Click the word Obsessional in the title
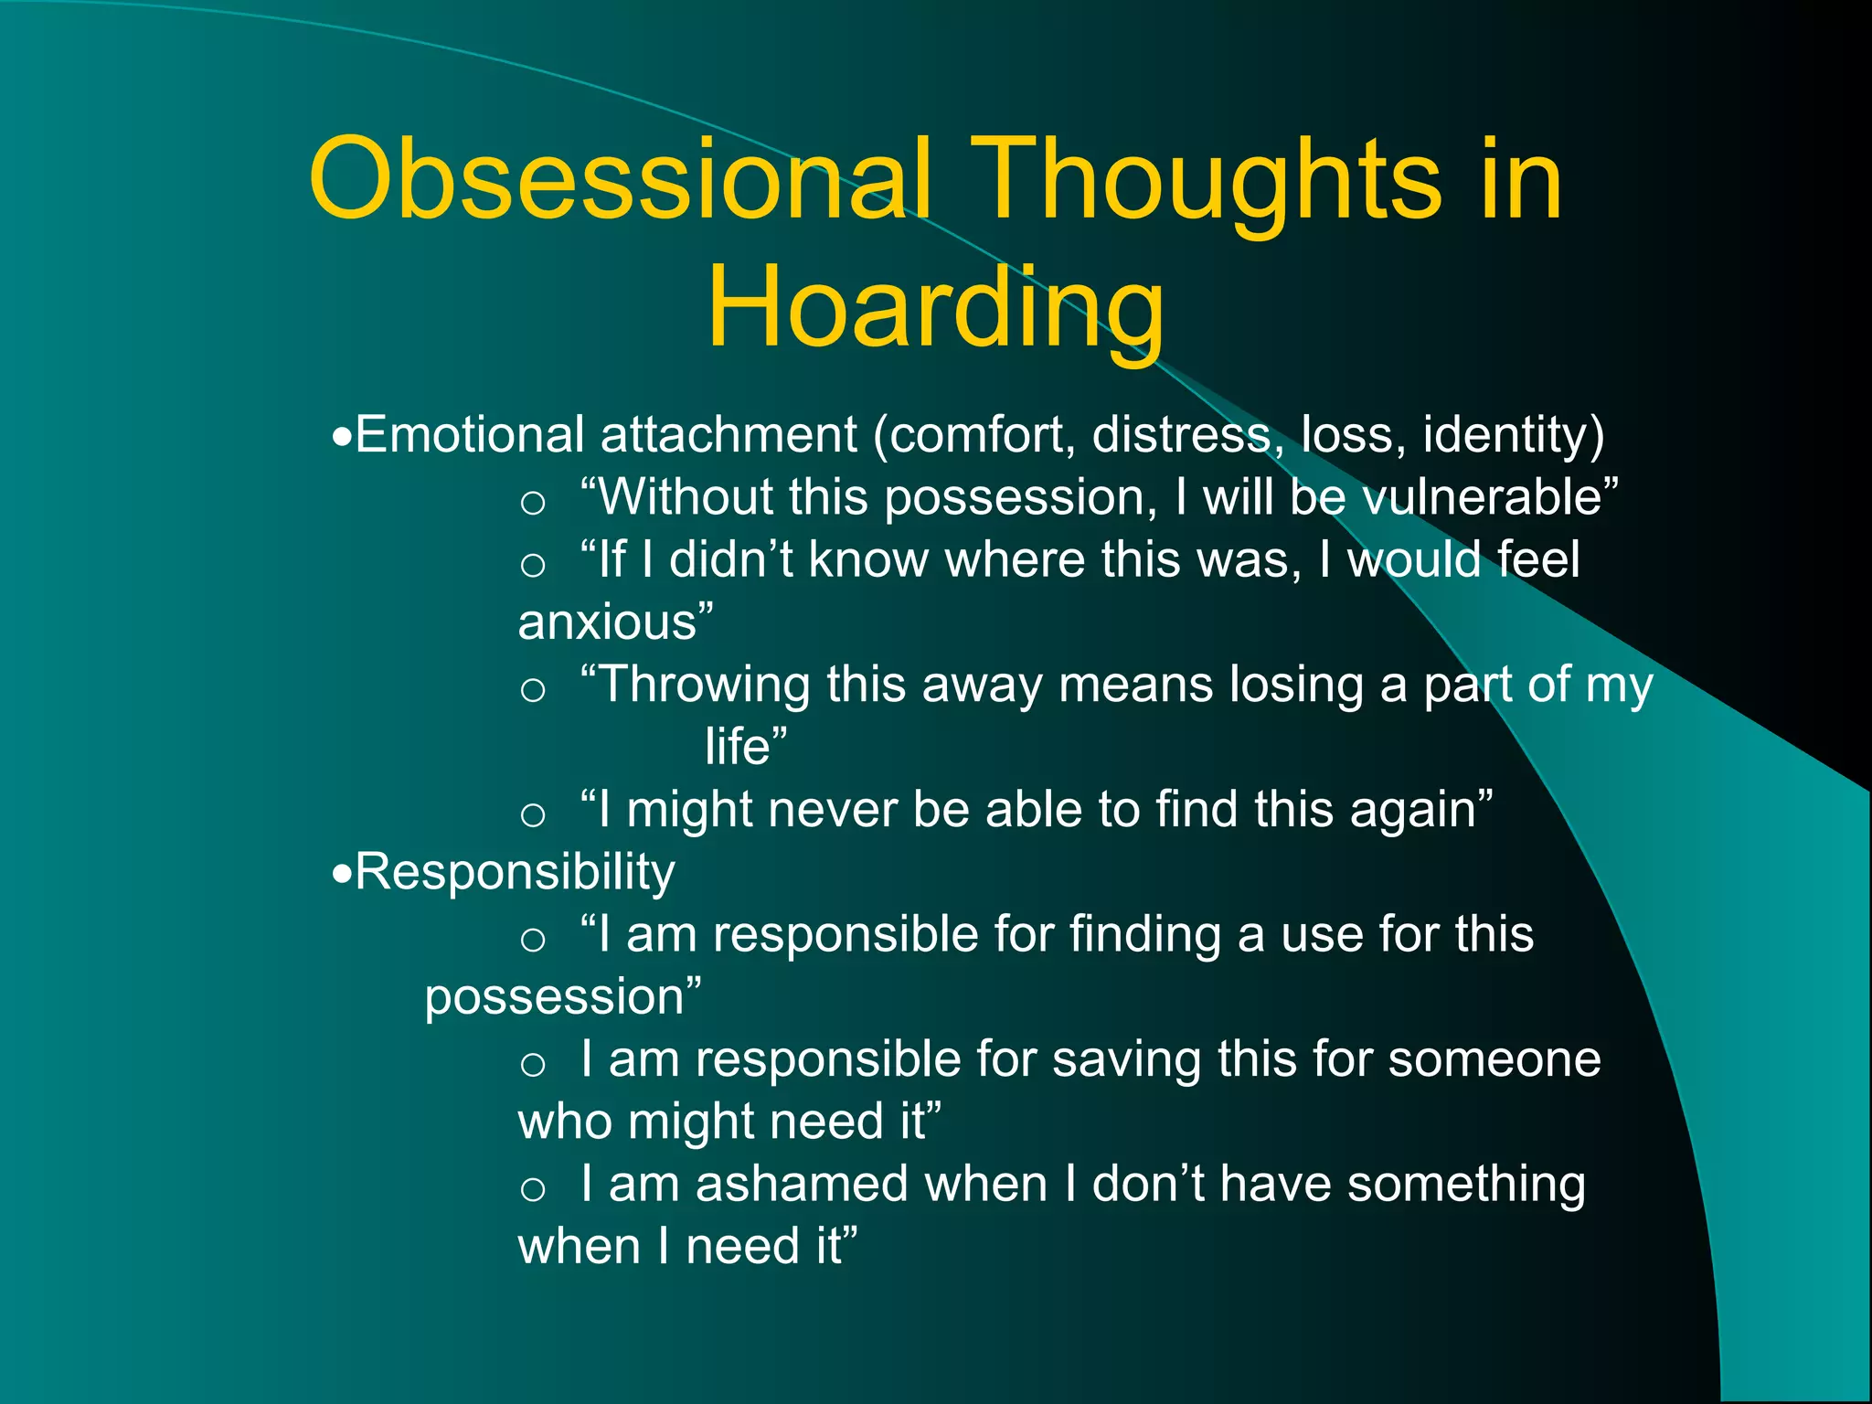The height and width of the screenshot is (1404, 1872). pos(620,179)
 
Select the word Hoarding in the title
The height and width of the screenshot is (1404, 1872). pos(935,307)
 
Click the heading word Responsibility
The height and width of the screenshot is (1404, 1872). pos(515,872)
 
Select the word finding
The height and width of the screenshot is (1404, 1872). pos(1143,935)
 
